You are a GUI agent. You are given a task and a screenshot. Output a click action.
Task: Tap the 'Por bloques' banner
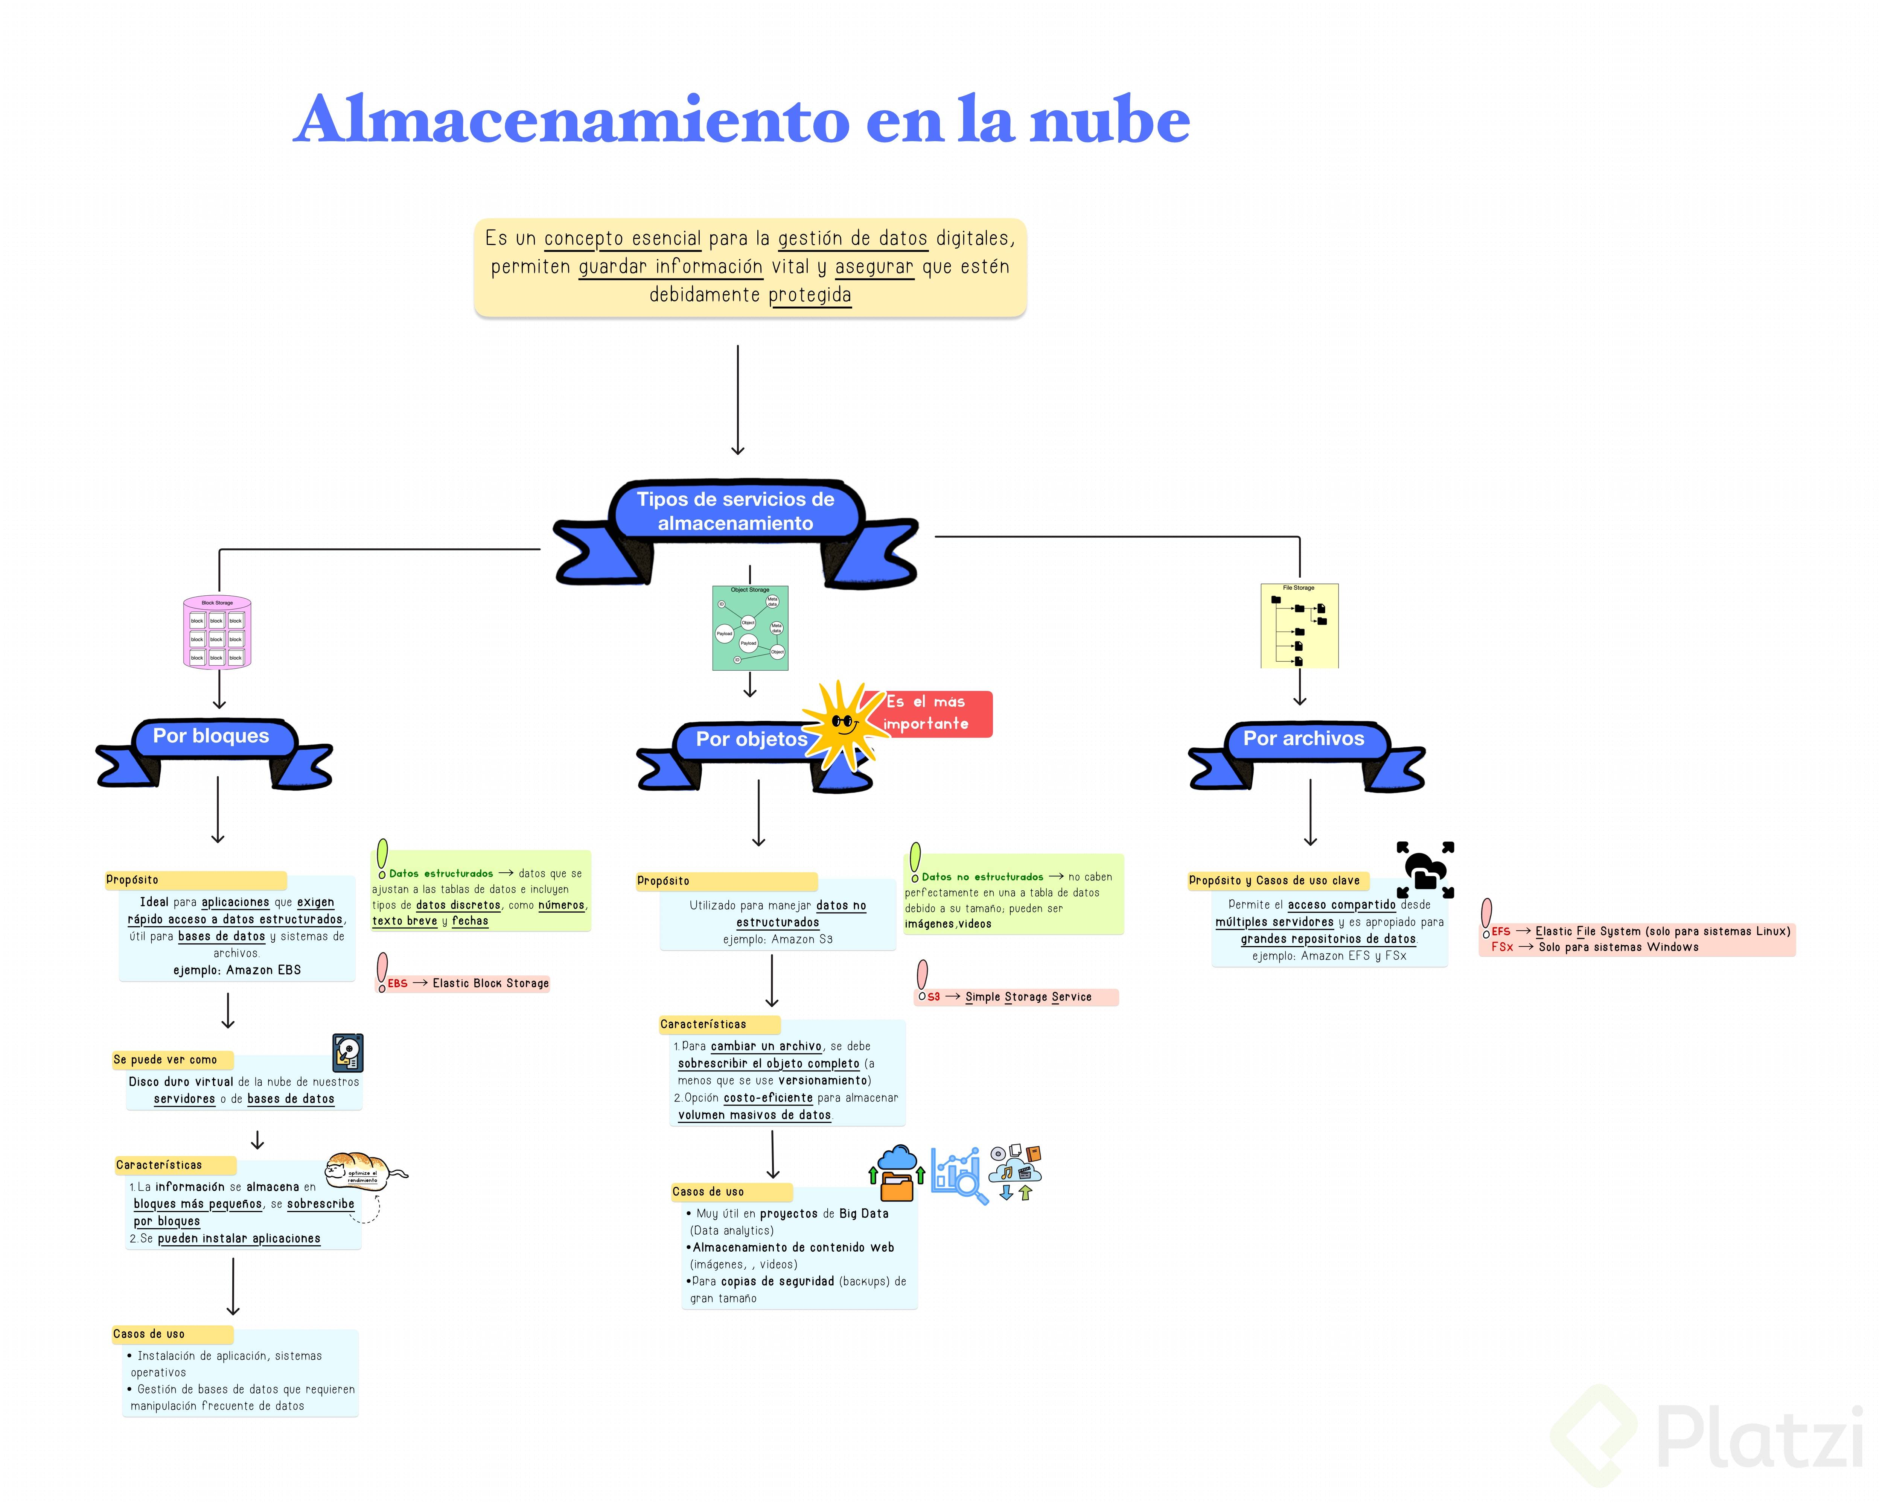point(211,737)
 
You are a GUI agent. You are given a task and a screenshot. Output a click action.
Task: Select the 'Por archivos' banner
point(1303,739)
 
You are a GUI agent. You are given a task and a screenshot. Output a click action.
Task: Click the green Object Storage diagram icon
point(750,628)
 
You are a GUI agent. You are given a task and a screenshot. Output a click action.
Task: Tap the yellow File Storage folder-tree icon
point(1299,626)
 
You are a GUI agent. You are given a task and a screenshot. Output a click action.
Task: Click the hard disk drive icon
point(347,1053)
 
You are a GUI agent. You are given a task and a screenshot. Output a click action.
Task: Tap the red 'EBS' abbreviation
point(397,984)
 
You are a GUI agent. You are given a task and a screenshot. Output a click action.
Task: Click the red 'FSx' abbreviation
point(1501,947)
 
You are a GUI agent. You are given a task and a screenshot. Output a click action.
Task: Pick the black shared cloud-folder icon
point(1425,870)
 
